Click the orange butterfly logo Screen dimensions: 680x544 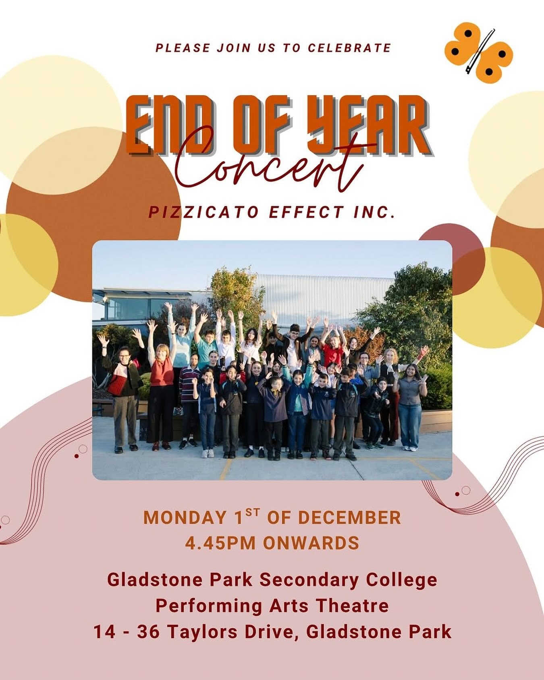coord(478,53)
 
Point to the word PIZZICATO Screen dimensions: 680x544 coord(203,212)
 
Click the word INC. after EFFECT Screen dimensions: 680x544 coord(374,212)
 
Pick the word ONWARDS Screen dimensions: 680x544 coord(311,543)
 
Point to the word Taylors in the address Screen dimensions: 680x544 coord(204,631)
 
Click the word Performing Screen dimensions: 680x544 coord(209,605)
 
